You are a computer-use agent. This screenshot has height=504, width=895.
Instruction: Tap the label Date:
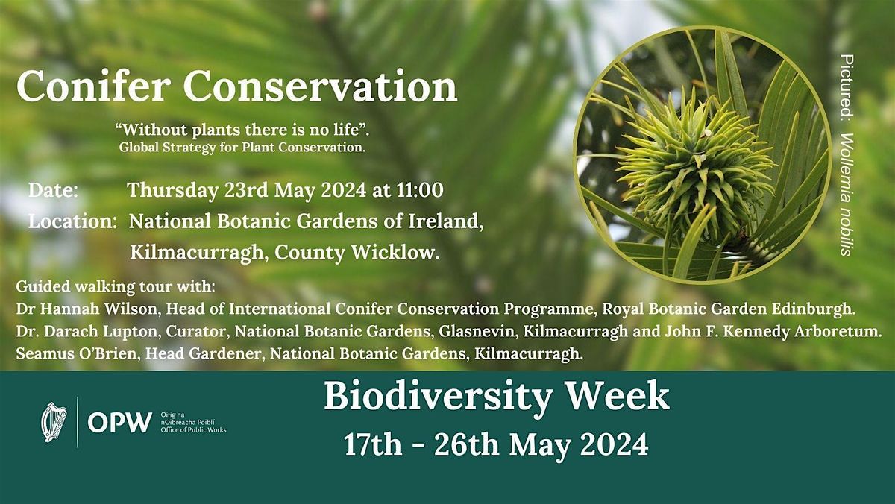coord(54,190)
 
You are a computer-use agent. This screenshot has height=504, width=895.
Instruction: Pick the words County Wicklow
coord(357,253)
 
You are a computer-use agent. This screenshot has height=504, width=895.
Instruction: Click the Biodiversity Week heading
coord(496,397)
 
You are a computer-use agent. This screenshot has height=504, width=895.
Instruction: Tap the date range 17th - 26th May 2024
coord(496,444)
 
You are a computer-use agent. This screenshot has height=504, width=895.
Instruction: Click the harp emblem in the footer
coord(54,422)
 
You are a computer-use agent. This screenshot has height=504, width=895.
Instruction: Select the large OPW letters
coord(110,423)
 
